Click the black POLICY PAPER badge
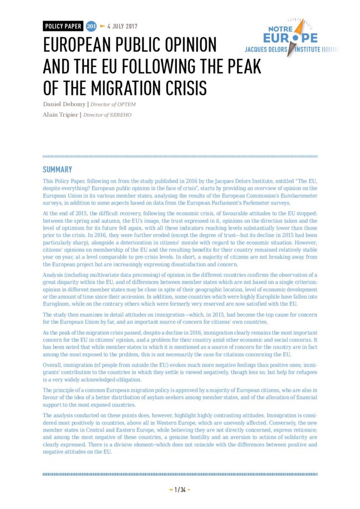[63, 26]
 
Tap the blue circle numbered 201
[91, 26]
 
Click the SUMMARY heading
[57, 170]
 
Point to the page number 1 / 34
[180, 490]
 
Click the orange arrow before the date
[102, 26]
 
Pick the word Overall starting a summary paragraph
[53, 364]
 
